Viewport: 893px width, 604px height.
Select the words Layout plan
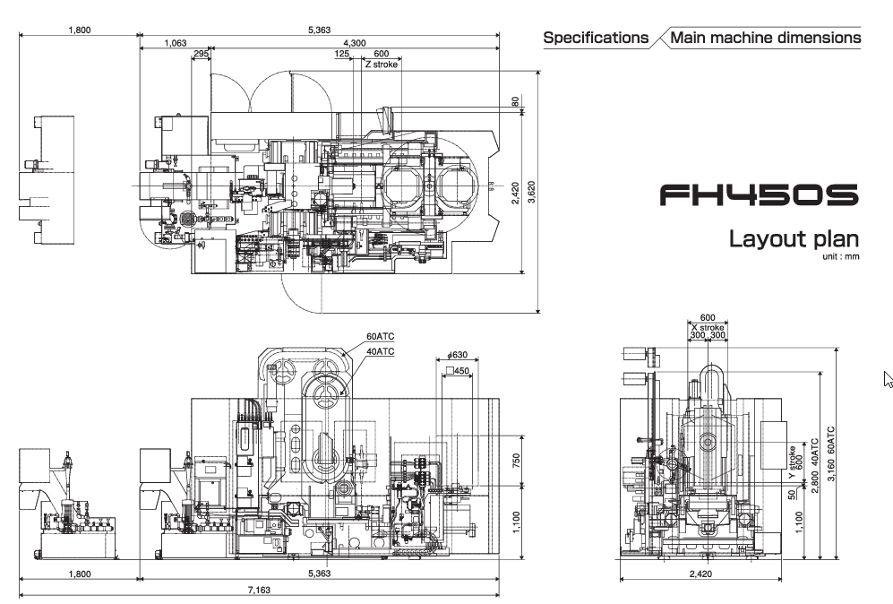point(794,239)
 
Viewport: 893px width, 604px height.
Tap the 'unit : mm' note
point(842,256)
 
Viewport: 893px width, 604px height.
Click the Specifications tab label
point(596,38)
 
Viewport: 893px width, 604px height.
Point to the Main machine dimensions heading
point(766,38)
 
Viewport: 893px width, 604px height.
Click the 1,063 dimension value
point(176,43)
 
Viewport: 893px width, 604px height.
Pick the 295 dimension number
point(201,55)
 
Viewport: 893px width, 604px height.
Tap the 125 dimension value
point(342,55)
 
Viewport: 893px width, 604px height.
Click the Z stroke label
point(381,65)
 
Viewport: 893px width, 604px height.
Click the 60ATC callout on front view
point(380,338)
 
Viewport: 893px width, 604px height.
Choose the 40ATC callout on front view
point(380,350)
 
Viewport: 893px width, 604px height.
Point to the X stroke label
point(708,327)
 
